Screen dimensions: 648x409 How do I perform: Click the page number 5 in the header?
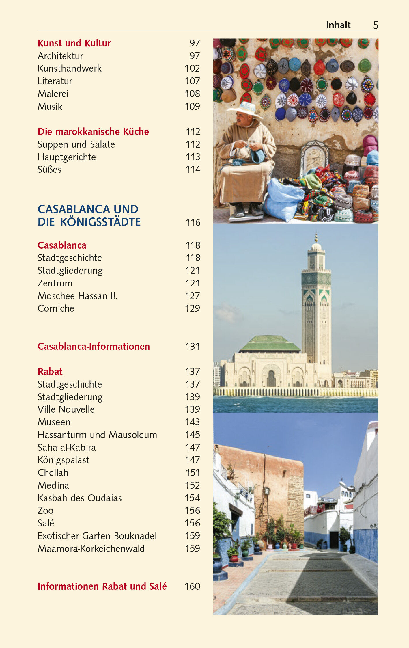click(376, 25)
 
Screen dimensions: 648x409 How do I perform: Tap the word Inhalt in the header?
click(338, 25)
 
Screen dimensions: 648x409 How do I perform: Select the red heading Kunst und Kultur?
click(74, 43)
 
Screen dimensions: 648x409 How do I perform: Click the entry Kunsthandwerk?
click(70, 68)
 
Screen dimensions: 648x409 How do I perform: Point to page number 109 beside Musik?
click(192, 107)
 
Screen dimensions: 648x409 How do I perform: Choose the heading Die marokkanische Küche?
click(93, 132)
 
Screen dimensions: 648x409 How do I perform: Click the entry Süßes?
click(50, 170)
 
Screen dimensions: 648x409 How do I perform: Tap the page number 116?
click(193, 223)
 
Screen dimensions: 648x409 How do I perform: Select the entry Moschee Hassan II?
click(78, 296)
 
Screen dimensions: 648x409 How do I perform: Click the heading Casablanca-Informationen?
click(94, 347)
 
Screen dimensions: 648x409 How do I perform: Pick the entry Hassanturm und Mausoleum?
click(97, 435)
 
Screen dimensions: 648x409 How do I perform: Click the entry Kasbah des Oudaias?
click(80, 498)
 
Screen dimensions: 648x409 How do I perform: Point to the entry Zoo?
click(46, 511)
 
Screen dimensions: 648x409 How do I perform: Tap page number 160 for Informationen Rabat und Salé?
click(192, 586)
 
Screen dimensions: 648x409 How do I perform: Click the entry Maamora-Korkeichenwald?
click(91, 549)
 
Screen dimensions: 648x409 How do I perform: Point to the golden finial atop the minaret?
click(316, 238)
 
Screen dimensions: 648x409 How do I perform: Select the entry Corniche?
click(56, 308)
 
